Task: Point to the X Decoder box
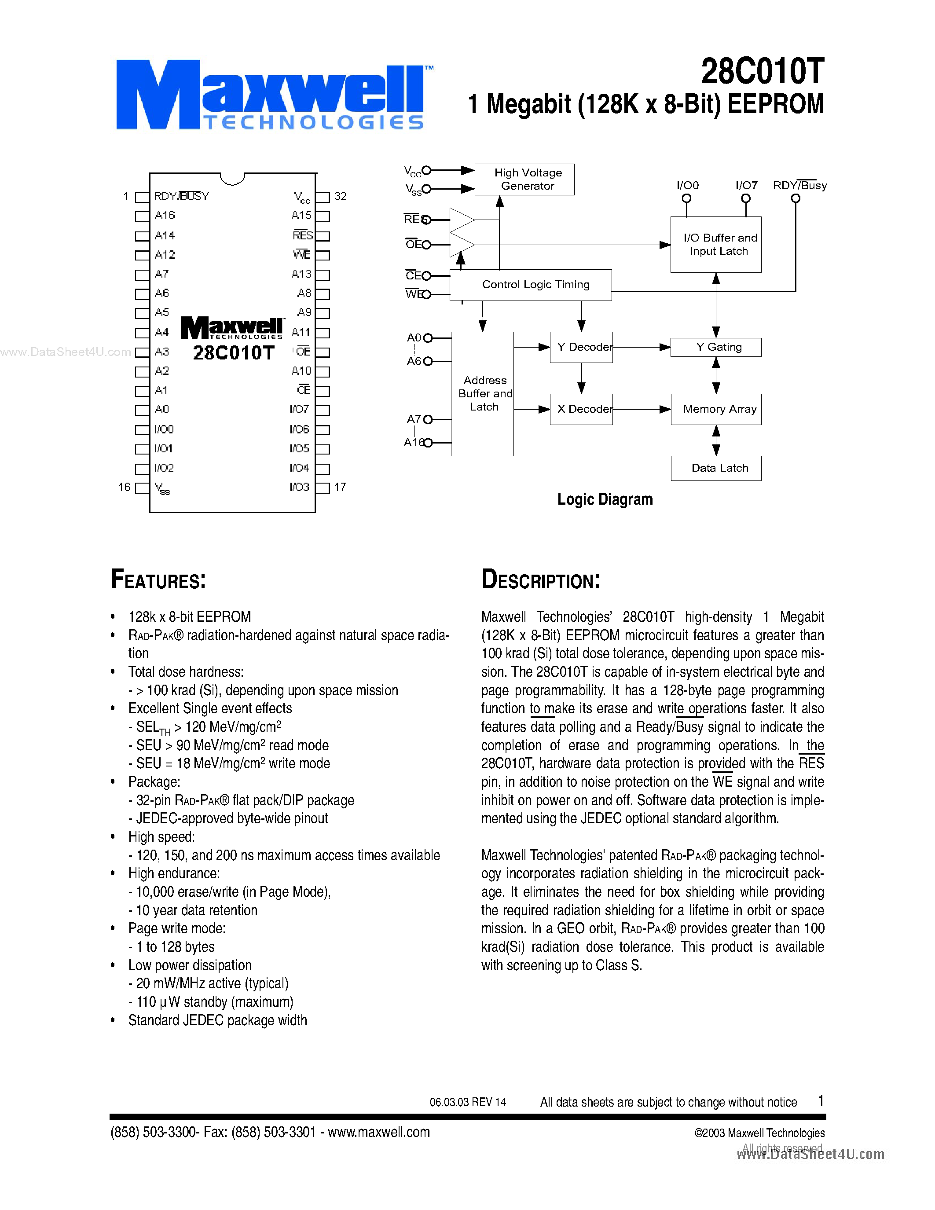click(x=581, y=410)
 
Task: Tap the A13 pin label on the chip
click(x=301, y=274)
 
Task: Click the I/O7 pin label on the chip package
click(x=299, y=410)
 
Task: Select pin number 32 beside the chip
click(x=340, y=196)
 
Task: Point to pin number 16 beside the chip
click(x=124, y=487)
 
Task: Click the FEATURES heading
click(x=158, y=579)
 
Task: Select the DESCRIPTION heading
click(x=541, y=579)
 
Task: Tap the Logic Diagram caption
click(x=605, y=499)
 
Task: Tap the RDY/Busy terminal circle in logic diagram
click(x=796, y=198)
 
